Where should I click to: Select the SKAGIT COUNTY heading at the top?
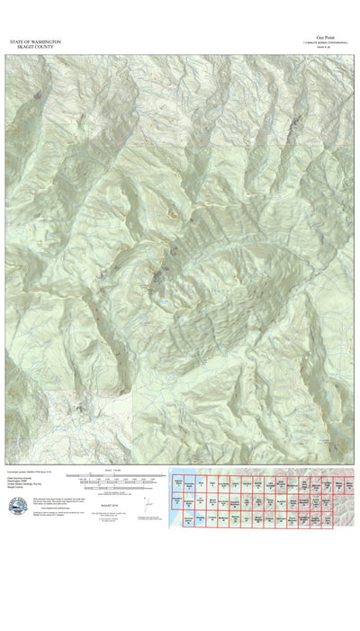point(29,48)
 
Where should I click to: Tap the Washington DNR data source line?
point(22,482)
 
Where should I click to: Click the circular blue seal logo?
point(18,509)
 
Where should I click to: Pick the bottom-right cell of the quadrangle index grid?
point(346,520)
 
